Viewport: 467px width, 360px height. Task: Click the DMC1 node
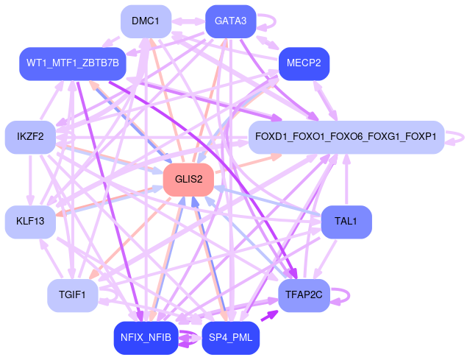pyautogui.click(x=146, y=21)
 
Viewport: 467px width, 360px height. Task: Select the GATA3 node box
pyautogui.click(x=230, y=21)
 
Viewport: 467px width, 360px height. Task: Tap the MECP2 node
pyautogui.click(x=304, y=63)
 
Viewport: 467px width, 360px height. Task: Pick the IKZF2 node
pyautogui.click(x=30, y=136)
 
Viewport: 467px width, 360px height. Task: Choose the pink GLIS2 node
pyautogui.click(x=188, y=179)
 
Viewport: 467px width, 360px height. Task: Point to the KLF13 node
pyautogui.click(x=30, y=221)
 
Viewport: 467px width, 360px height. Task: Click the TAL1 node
pyautogui.click(x=346, y=221)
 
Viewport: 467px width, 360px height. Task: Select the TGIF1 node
pyautogui.click(x=72, y=295)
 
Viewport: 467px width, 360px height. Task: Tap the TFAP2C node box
pyautogui.click(x=304, y=295)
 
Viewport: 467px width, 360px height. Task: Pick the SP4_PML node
pyautogui.click(x=230, y=338)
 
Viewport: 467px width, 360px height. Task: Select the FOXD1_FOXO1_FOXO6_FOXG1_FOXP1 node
pyautogui.click(x=346, y=136)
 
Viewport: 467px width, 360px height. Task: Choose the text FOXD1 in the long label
pyautogui.click(x=271, y=136)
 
